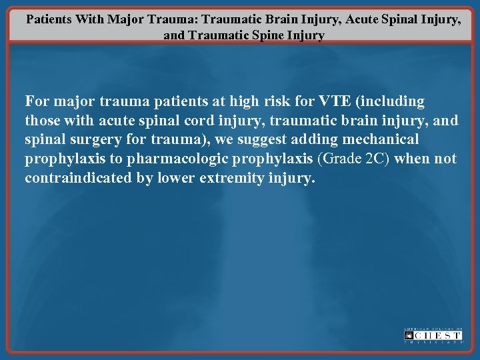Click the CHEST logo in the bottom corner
pos(433,335)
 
